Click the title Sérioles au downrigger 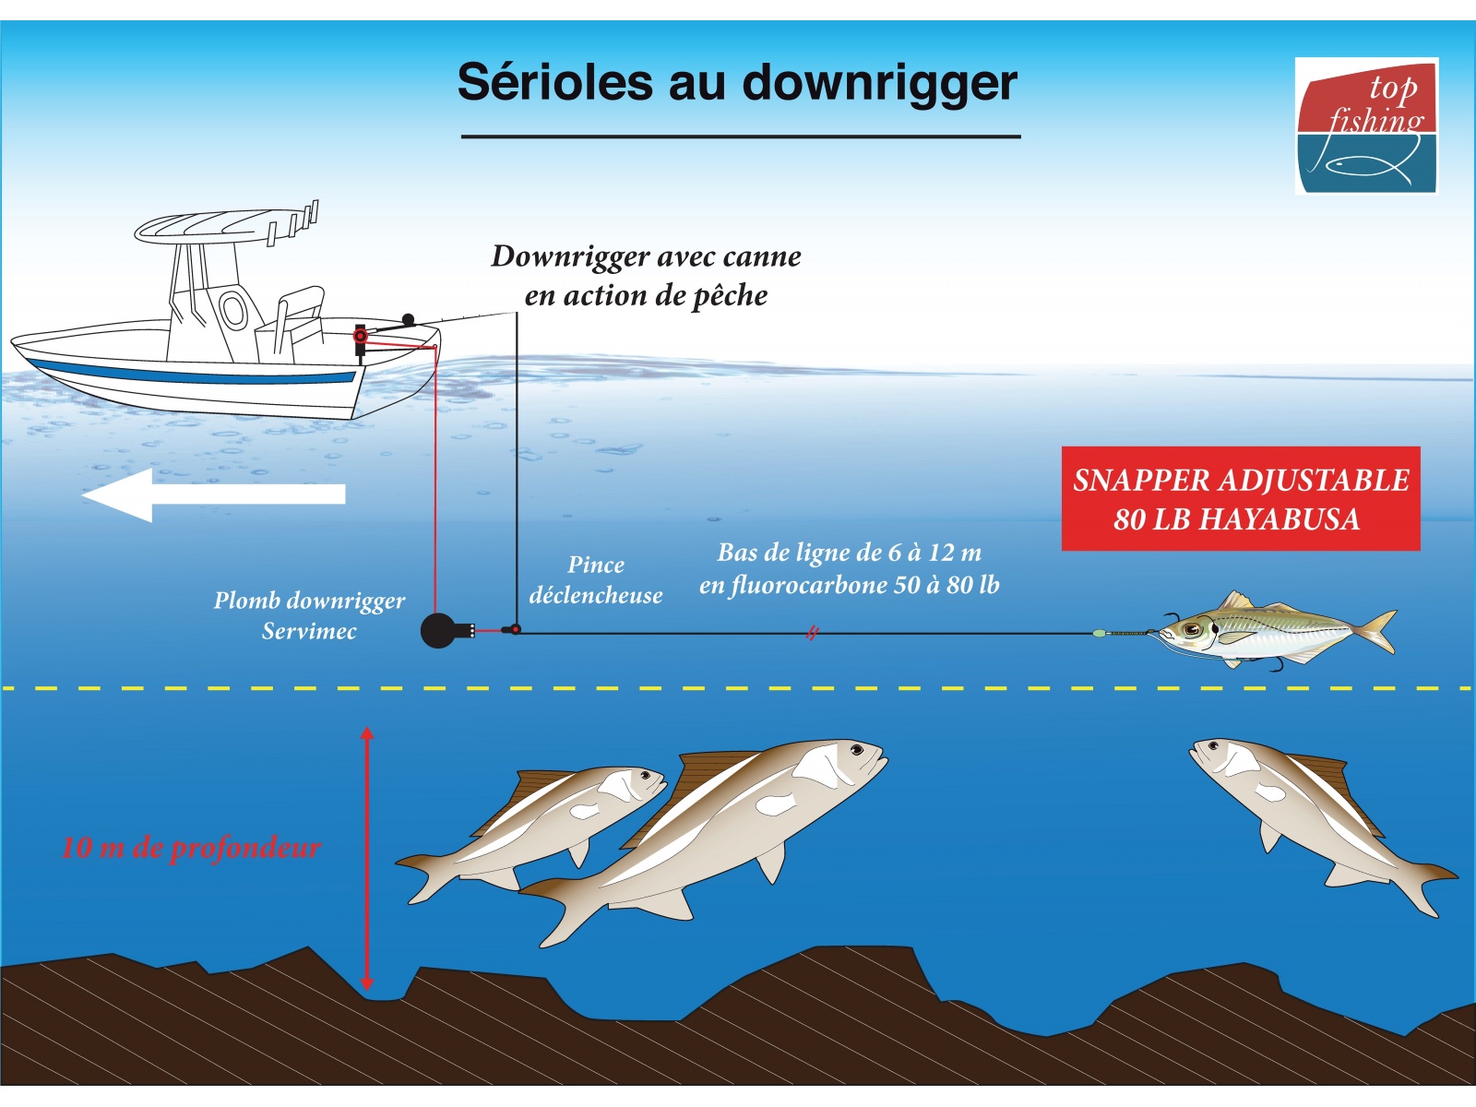pyautogui.click(x=737, y=83)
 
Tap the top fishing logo pyautogui.click(x=1366, y=125)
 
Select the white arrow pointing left pyautogui.click(x=214, y=494)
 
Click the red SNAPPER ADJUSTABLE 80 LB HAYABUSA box pyautogui.click(x=1241, y=499)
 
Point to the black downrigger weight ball pyautogui.click(x=438, y=630)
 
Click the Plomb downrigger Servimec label pyautogui.click(x=309, y=615)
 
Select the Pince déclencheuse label pyautogui.click(x=596, y=579)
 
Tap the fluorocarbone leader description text pyautogui.click(x=850, y=568)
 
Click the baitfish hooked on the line pyautogui.click(x=1271, y=632)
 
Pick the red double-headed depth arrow pyautogui.click(x=366, y=859)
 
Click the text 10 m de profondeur pyautogui.click(x=191, y=848)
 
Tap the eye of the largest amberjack pyautogui.click(x=856, y=749)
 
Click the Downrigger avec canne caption pyautogui.click(x=647, y=276)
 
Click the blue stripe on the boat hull pyautogui.click(x=192, y=372)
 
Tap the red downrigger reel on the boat pyautogui.click(x=361, y=336)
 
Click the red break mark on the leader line pyautogui.click(x=813, y=633)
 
